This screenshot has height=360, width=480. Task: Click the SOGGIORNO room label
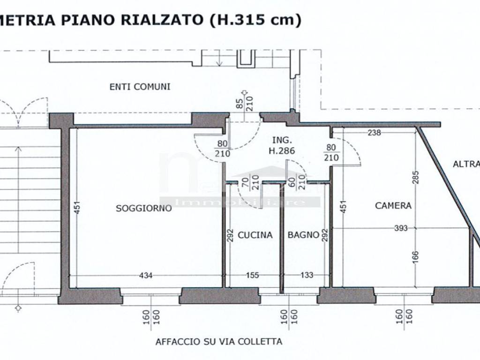143,209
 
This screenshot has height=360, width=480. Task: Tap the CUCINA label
255,235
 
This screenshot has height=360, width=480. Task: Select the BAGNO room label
304,235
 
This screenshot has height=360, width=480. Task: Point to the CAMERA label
393,205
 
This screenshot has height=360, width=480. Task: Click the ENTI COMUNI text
140,87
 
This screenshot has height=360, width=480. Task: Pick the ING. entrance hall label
283,140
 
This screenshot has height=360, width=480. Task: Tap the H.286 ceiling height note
283,150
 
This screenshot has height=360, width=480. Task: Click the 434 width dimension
146,275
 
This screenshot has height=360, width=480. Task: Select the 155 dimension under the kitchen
252,275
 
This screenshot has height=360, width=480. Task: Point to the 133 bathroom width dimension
307,275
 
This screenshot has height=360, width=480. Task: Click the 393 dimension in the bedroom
401,228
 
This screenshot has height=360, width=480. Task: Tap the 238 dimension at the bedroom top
374,133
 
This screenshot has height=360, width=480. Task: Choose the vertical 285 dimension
416,177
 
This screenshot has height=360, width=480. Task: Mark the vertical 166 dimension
416,256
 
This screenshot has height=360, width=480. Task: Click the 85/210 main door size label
245,101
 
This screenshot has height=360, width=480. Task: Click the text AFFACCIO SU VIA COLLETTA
219,342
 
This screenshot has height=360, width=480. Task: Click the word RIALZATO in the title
162,20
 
